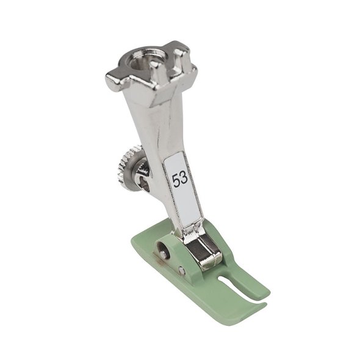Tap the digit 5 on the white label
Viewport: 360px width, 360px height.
pyautogui.click(x=176, y=181)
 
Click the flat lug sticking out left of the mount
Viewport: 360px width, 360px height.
pyautogui.click(x=113, y=79)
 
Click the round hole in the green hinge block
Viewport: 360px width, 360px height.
pyautogui.click(x=163, y=248)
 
